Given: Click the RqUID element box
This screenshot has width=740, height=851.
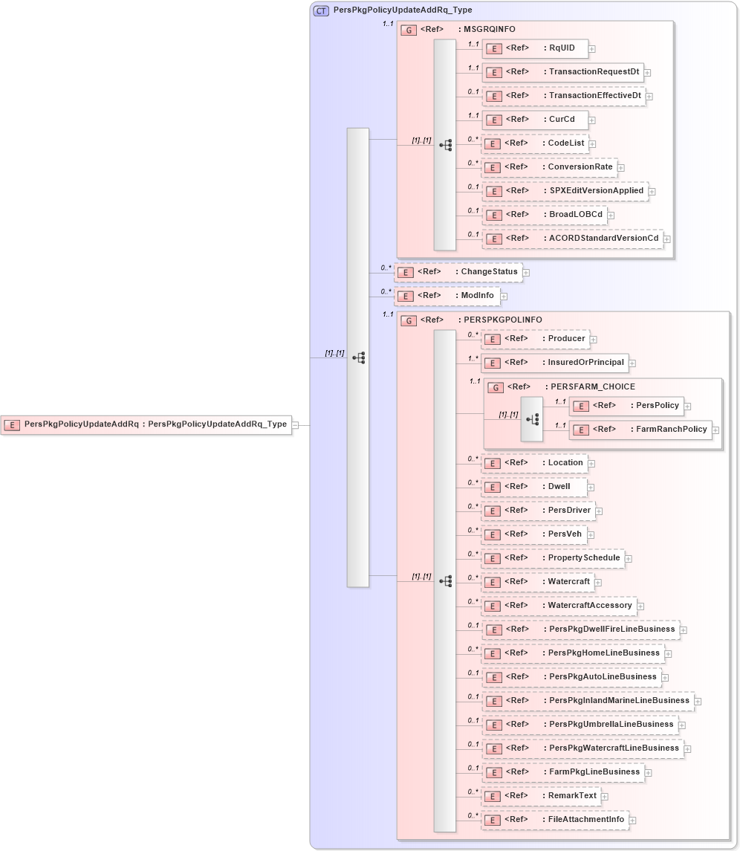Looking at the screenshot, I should (x=535, y=49).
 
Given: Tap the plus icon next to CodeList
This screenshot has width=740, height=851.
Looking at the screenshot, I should (x=592, y=143).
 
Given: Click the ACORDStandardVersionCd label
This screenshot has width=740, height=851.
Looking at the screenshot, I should (x=603, y=239).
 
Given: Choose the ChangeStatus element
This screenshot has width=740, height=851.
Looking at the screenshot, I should (x=458, y=272).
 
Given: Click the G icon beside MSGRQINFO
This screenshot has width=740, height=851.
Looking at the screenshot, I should (x=408, y=30).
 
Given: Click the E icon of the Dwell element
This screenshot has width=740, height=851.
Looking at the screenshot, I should (x=493, y=488).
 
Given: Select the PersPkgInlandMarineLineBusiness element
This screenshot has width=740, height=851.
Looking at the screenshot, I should (x=587, y=701).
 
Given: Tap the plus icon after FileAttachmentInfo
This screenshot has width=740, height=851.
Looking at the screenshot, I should (x=632, y=821).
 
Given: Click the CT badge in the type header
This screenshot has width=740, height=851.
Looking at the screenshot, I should (x=321, y=10).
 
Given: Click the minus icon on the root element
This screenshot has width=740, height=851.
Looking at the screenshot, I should (x=295, y=425).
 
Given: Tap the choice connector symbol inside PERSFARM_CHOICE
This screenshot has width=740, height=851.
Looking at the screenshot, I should (x=532, y=419).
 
